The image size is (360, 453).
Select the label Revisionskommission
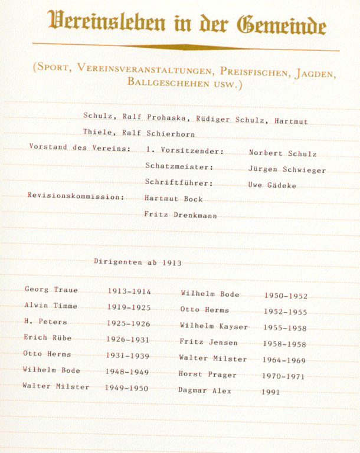(x=76, y=196)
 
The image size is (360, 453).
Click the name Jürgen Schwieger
(x=287, y=170)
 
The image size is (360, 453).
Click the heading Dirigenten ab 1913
(x=138, y=262)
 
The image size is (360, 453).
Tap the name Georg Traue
(x=51, y=290)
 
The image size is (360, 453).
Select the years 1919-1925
(x=129, y=307)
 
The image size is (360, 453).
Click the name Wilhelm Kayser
(x=214, y=327)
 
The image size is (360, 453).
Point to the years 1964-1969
(x=284, y=359)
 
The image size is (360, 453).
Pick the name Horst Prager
(x=207, y=375)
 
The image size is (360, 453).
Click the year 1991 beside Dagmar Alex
(x=271, y=392)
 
